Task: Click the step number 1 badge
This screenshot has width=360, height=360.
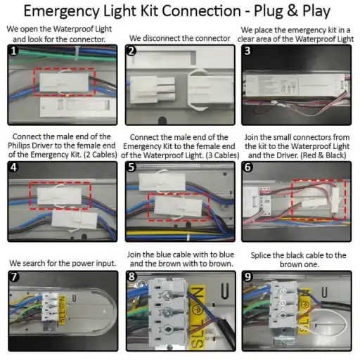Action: coord(13,51)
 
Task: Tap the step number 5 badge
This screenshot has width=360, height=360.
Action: coord(131,167)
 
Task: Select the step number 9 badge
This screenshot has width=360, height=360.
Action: coord(247,277)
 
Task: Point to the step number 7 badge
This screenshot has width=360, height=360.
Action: coord(14,277)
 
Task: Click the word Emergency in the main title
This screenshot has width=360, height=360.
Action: coord(62,11)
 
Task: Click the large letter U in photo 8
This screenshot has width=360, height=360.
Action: coord(224,291)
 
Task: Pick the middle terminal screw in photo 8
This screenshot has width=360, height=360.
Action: coord(167,312)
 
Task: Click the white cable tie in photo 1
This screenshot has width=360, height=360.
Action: coord(77,53)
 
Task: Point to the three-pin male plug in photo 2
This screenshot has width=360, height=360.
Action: coord(153,90)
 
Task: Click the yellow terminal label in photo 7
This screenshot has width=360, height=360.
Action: coord(62,309)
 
